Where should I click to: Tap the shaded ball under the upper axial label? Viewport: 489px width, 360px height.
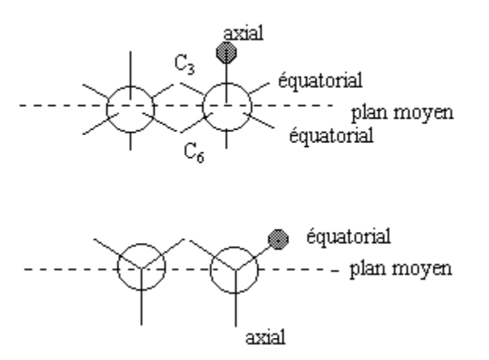(x=227, y=53)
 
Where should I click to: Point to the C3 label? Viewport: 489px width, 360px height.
(x=186, y=67)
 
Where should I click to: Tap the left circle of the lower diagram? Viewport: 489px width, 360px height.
(x=142, y=269)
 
